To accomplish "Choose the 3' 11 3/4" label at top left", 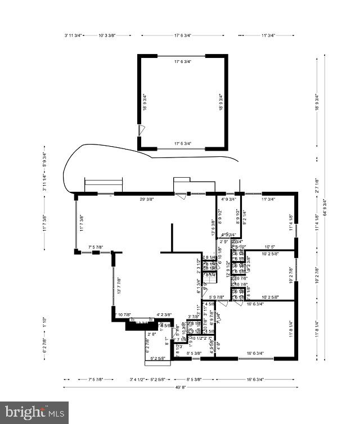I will pyautogui.click(x=74, y=35).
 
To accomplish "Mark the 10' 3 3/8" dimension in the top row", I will pyautogui.click(x=107, y=35).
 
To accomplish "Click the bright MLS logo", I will pyautogui.click(x=35, y=412).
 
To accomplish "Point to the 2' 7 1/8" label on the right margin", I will pyautogui.click(x=317, y=185).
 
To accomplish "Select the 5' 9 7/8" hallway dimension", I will pyautogui.click(x=217, y=297).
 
